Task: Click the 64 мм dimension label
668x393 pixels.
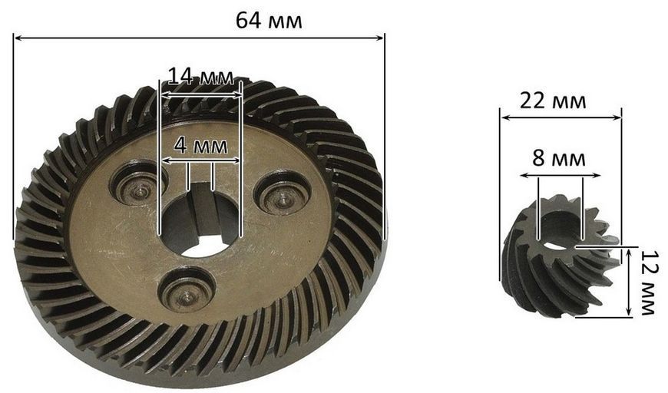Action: tap(269, 20)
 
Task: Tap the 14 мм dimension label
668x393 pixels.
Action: tap(201, 77)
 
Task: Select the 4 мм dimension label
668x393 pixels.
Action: tap(200, 146)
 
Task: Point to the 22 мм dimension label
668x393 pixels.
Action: tap(553, 101)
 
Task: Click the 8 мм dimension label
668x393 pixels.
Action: tap(559, 159)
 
